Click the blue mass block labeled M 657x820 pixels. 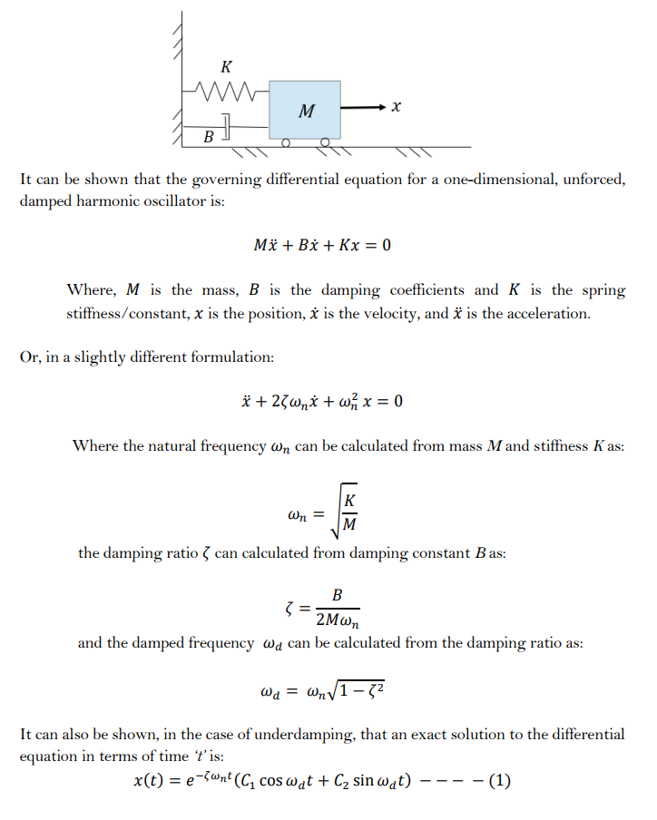point(305,110)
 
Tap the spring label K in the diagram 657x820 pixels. point(226,66)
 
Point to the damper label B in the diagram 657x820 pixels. point(208,137)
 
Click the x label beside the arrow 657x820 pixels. point(396,107)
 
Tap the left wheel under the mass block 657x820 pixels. point(285,143)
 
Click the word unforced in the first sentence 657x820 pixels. point(595,179)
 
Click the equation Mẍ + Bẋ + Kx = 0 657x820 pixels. point(322,245)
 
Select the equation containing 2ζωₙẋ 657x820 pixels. point(322,401)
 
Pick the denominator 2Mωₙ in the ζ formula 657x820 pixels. point(336,619)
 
